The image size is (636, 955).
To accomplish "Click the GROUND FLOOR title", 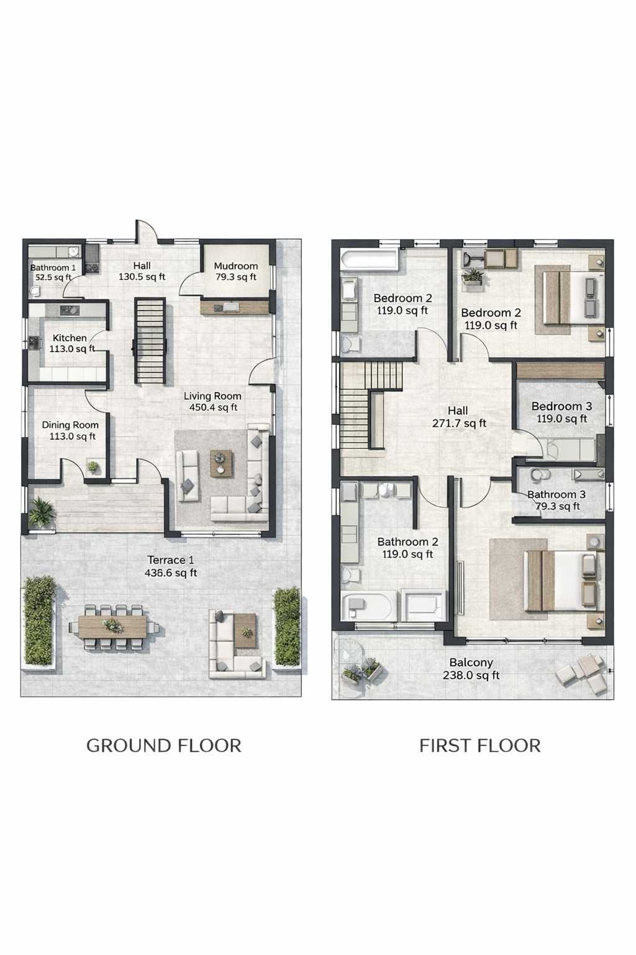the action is point(164,745).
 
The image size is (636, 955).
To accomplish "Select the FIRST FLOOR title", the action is point(480,745).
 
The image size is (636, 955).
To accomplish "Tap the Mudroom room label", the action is point(235,266).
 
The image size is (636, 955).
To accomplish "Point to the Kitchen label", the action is point(70,338).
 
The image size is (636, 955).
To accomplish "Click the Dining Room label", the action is point(70,425).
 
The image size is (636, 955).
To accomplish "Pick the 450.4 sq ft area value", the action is point(214,408).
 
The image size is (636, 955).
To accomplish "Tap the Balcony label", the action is point(471,663).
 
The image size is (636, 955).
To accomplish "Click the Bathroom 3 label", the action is point(556,494).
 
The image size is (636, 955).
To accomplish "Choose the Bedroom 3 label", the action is point(561,406).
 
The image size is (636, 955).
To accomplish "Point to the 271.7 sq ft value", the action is point(459,423).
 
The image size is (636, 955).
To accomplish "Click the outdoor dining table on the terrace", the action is point(113,626).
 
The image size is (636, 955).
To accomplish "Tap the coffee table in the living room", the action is point(222,463).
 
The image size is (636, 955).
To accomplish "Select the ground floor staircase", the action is point(150,341).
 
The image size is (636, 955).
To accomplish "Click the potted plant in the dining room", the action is point(93,467).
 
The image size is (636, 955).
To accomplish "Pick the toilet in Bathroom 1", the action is point(36,291).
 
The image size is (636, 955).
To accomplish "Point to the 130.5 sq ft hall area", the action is point(142,277).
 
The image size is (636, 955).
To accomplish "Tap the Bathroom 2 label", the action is point(407,542).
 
